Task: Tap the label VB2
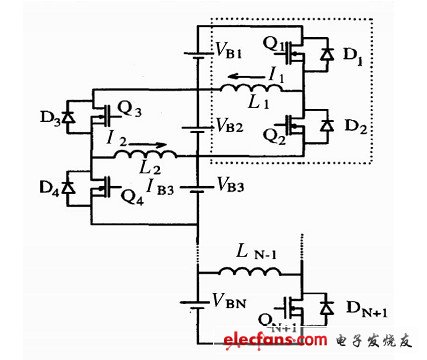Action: click(x=229, y=127)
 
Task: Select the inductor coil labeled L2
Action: click(x=150, y=157)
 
